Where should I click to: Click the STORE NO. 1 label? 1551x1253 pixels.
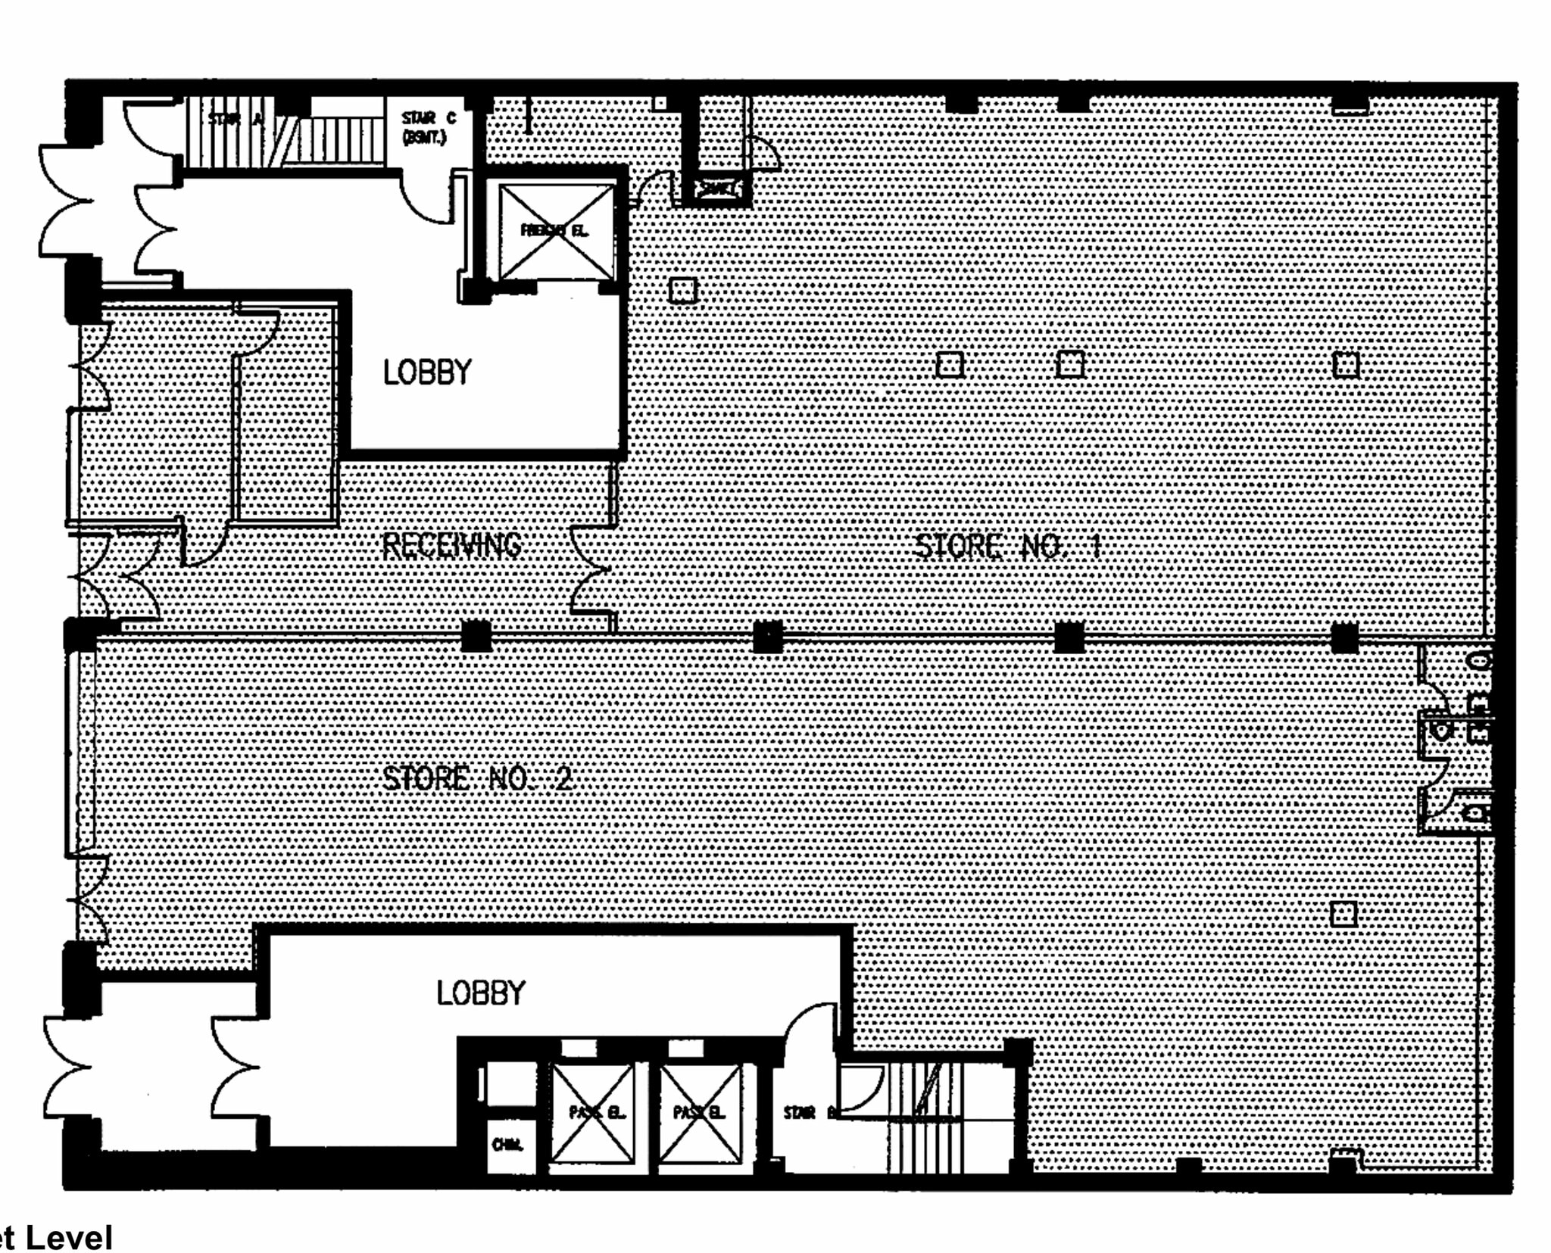(x=1007, y=546)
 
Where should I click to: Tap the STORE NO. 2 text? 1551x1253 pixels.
(x=477, y=778)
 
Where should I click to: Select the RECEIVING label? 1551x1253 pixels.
(x=452, y=545)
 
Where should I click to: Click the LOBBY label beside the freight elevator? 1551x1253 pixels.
(x=427, y=372)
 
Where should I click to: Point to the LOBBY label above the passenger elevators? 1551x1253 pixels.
(x=481, y=993)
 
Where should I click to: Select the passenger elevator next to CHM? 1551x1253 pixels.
(x=593, y=1112)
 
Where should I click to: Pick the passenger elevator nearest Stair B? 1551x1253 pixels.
(x=700, y=1112)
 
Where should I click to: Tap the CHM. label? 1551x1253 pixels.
(x=507, y=1144)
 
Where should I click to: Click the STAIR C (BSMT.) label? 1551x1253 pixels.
(x=429, y=127)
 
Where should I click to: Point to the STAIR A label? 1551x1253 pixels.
(x=235, y=119)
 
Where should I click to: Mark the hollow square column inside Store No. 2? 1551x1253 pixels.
(x=1343, y=914)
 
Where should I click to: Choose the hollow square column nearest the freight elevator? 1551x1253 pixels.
(x=682, y=290)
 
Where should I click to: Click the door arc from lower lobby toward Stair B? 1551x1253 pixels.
(x=810, y=1030)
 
